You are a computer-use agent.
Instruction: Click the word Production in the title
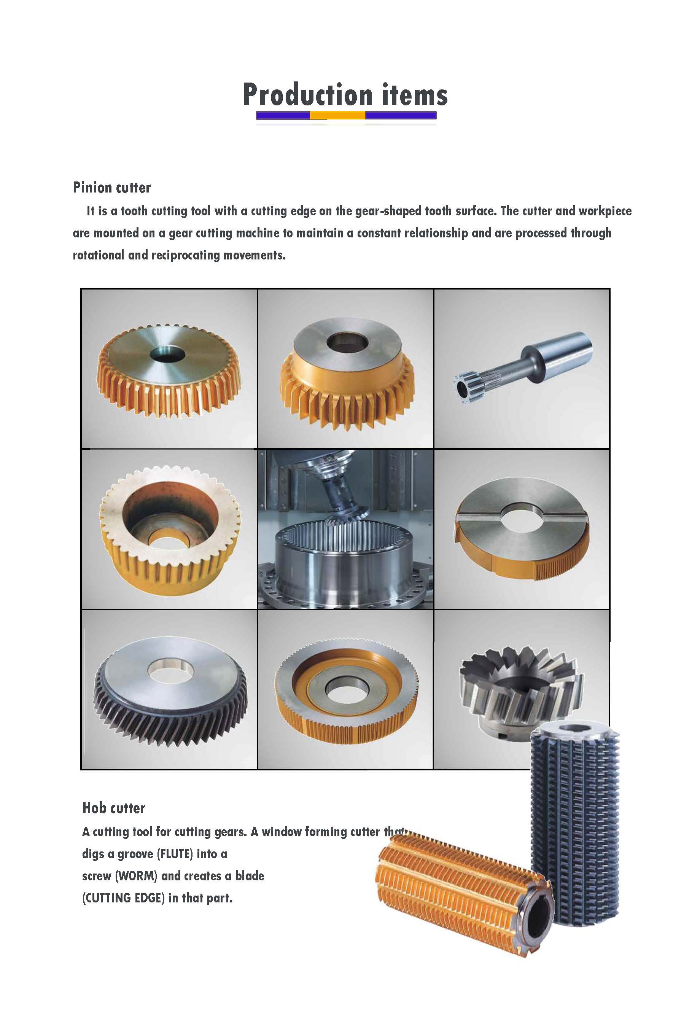[x=308, y=95]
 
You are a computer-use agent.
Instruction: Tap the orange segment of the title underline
[x=337, y=116]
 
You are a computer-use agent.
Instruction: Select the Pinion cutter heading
[x=111, y=188]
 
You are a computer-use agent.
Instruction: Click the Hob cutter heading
[x=114, y=808]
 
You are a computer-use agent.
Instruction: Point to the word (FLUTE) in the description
[x=175, y=854]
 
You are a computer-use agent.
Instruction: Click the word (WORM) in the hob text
[x=136, y=876]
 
